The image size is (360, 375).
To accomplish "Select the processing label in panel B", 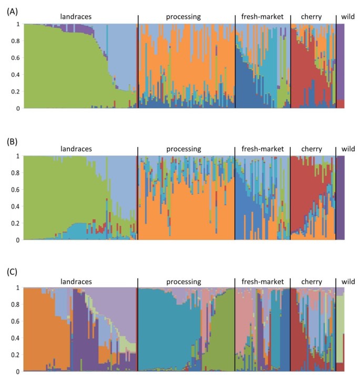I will coord(183,149).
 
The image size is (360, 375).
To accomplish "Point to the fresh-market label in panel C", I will coord(262,281).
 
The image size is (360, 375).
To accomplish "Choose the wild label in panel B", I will coord(348,149).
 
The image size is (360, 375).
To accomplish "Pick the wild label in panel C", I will coord(348,281).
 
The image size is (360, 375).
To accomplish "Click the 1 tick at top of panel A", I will coord(19,24).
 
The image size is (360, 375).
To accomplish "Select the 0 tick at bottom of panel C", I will coord(19,371).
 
